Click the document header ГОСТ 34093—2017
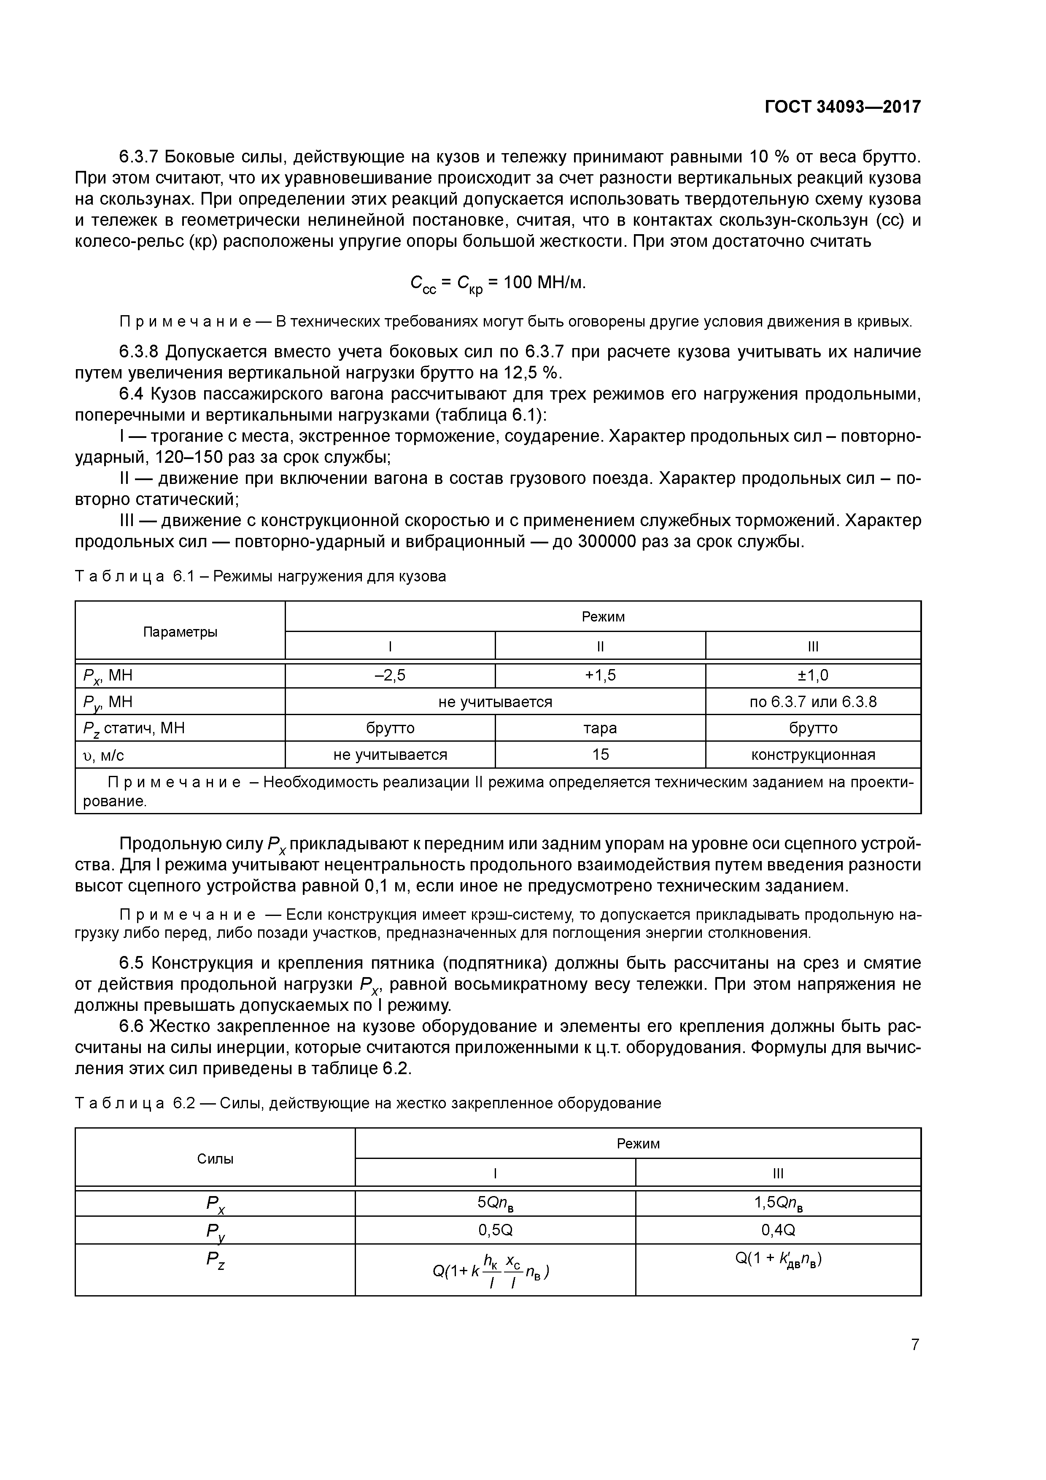click(x=842, y=107)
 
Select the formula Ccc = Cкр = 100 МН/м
click(x=498, y=284)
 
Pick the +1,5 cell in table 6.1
click(x=600, y=675)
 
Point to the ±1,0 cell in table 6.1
click(x=813, y=675)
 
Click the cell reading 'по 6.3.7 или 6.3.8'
click(x=813, y=702)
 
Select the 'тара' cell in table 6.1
click(x=600, y=728)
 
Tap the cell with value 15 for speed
click(x=600, y=755)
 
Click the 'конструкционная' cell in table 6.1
click(x=813, y=755)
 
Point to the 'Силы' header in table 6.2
click(x=215, y=1159)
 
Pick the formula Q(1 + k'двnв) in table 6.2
click(x=778, y=1259)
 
